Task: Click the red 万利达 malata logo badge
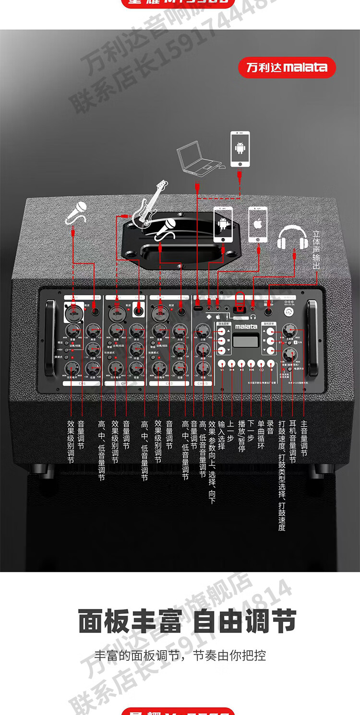287,67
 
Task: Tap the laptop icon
199,160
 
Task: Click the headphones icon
292,237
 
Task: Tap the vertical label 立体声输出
316,251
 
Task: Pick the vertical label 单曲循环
262,434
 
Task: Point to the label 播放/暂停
241,436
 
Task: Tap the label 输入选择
221,434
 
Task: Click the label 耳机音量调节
292,442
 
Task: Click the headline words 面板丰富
130,622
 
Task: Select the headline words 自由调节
244,622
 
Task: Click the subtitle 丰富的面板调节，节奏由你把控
180,656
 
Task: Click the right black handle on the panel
312,338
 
